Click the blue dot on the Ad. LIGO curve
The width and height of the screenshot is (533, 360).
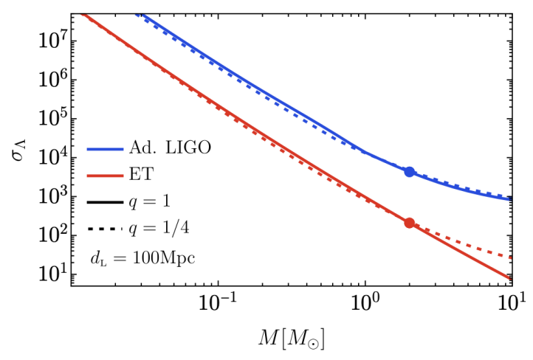(x=410, y=172)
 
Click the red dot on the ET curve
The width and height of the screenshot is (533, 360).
(x=410, y=223)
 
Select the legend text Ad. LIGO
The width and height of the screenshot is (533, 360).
(x=175, y=148)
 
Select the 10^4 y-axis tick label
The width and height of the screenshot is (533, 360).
(x=53, y=157)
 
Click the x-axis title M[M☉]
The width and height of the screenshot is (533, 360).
(x=292, y=339)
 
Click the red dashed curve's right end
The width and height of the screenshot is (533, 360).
(x=511, y=257)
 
